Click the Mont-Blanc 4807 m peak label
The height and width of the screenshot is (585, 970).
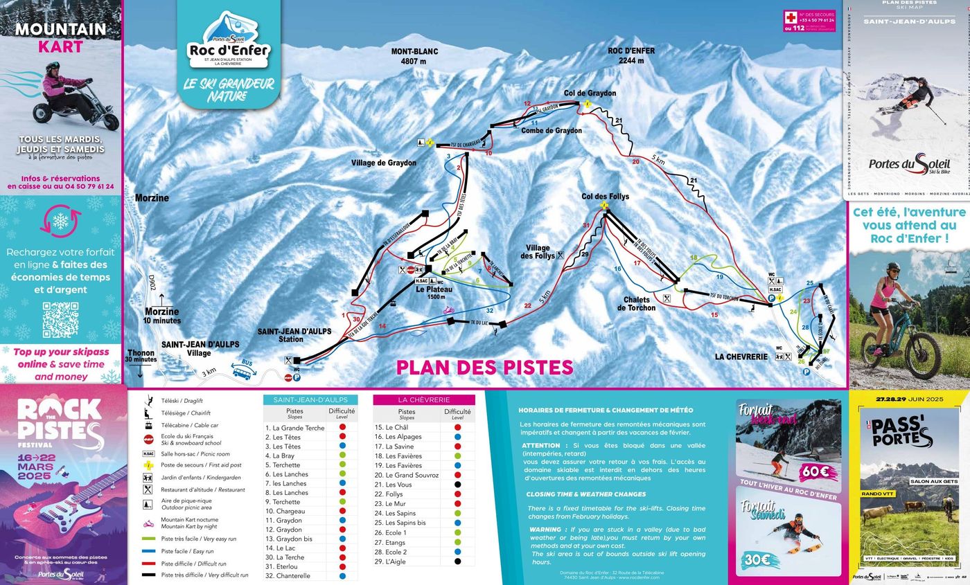tap(414, 56)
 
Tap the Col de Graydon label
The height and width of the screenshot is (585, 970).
tap(590, 93)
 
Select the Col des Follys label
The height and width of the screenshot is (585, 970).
tap(605, 197)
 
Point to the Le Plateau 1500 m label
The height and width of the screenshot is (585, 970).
tap(434, 293)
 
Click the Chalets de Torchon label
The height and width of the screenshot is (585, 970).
tap(638, 304)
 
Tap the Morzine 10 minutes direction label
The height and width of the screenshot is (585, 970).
tap(162, 316)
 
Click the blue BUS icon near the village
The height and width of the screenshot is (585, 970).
tap(242, 370)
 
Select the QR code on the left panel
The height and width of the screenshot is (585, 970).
tap(61, 320)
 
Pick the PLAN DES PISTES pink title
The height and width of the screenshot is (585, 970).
tap(484, 367)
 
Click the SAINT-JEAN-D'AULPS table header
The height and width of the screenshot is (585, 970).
tap(310, 399)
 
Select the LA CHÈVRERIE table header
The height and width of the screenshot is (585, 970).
tap(424, 399)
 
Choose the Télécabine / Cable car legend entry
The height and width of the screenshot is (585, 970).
tap(189, 425)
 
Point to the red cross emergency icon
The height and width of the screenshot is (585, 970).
tap(790, 17)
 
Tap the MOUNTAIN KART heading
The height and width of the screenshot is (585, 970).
tap(61, 38)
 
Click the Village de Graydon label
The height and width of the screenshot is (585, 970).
tap(384, 163)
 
